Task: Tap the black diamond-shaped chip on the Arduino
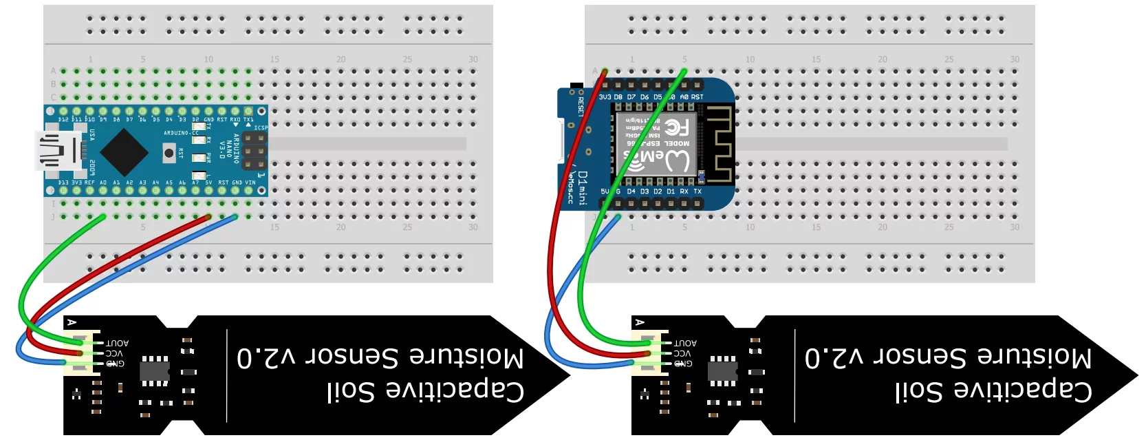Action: [125, 151]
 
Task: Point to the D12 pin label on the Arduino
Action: [64, 120]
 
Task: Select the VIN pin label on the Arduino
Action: [250, 182]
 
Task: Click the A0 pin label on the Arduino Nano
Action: [103, 182]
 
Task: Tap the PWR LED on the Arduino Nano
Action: [197, 158]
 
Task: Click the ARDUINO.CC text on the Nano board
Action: [177, 133]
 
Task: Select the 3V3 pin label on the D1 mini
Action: [605, 97]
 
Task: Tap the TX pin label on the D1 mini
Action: [698, 191]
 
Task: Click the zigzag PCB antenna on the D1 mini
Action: [719, 145]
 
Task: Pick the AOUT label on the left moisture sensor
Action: [117, 342]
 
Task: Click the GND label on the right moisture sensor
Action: [682, 363]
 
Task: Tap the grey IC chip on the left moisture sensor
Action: [155, 370]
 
